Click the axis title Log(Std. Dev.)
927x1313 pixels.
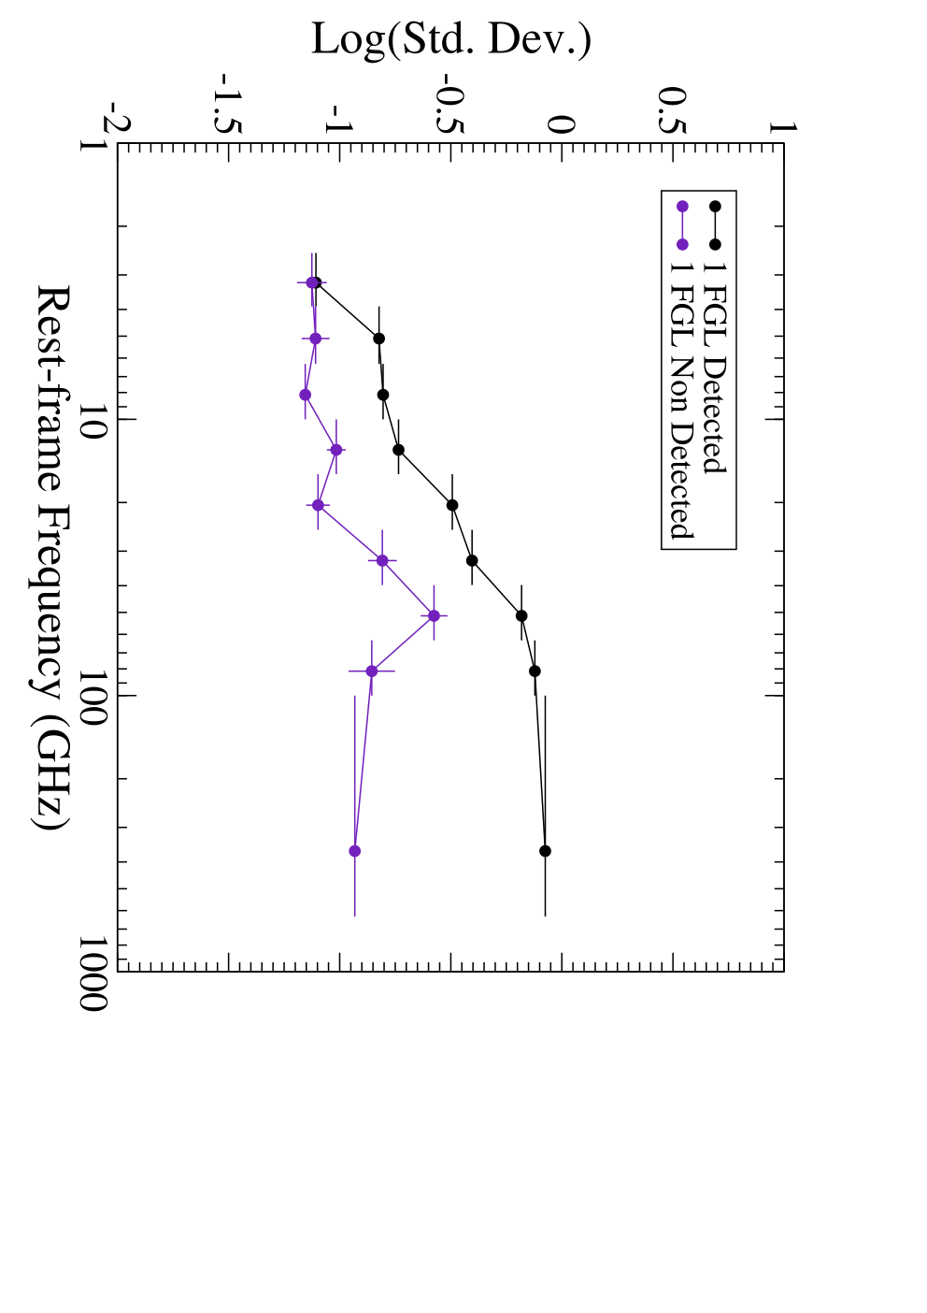(x=451, y=40)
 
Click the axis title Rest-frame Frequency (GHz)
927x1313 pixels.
(x=51, y=557)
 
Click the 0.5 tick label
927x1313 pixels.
(x=672, y=110)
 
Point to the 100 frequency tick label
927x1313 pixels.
(x=93, y=697)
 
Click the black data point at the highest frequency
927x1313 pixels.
(x=545, y=851)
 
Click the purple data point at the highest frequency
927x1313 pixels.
(x=354, y=851)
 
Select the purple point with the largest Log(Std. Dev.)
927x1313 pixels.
(x=434, y=615)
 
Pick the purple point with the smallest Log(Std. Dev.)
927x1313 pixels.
(x=305, y=395)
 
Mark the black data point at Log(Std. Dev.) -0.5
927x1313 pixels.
(x=452, y=505)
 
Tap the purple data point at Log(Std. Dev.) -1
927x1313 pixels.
(x=336, y=450)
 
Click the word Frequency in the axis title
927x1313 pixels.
(x=51, y=603)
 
